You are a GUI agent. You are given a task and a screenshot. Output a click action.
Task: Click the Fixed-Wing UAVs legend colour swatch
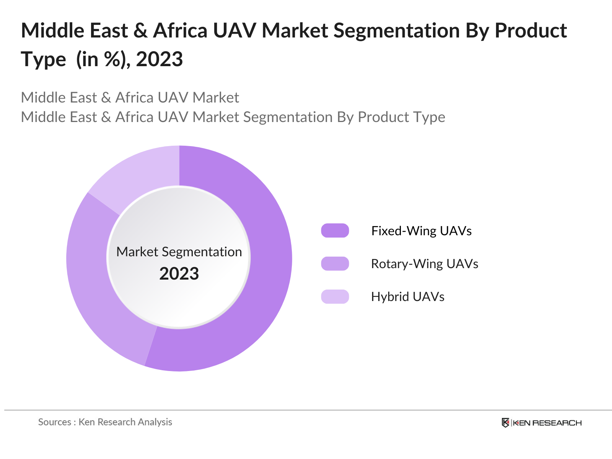coord(335,231)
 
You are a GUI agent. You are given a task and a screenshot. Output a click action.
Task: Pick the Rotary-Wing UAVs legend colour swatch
coord(335,264)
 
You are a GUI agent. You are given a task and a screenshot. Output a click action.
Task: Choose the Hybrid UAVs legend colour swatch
coord(335,296)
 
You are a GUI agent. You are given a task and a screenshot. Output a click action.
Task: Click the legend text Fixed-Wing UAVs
coord(421,231)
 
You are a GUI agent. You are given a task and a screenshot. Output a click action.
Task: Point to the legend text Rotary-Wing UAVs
coord(425,264)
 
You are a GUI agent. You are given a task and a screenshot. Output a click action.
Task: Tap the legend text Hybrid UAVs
coord(408,297)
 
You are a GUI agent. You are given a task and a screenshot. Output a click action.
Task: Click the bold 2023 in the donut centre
coord(179,274)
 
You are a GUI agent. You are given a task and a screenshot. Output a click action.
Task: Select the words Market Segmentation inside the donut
coord(179,252)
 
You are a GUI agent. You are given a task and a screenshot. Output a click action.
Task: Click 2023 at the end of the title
coord(160,60)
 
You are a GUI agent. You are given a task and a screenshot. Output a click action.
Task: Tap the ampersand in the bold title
coord(140,31)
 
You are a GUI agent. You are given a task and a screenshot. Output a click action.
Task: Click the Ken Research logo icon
coord(505,423)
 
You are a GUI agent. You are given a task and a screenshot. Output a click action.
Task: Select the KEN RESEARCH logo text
coord(547,423)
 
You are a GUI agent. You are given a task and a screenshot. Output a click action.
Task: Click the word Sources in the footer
coord(54,422)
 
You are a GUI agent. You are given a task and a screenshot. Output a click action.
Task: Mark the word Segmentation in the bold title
coord(397,31)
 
